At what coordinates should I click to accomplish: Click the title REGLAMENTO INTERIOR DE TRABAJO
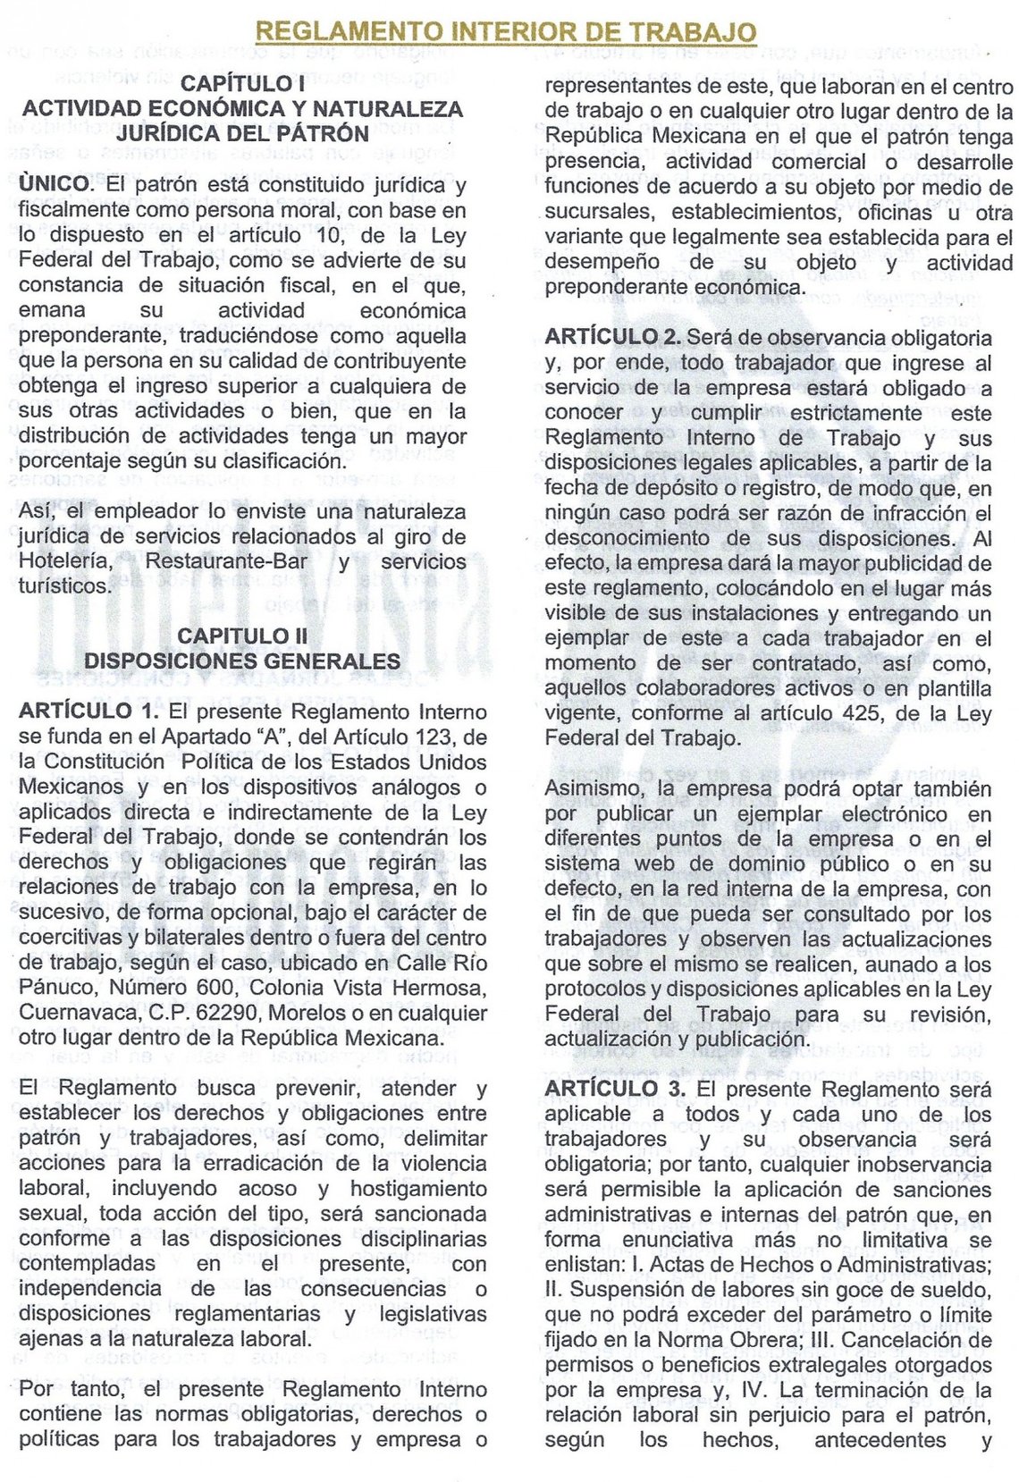point(506,33)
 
